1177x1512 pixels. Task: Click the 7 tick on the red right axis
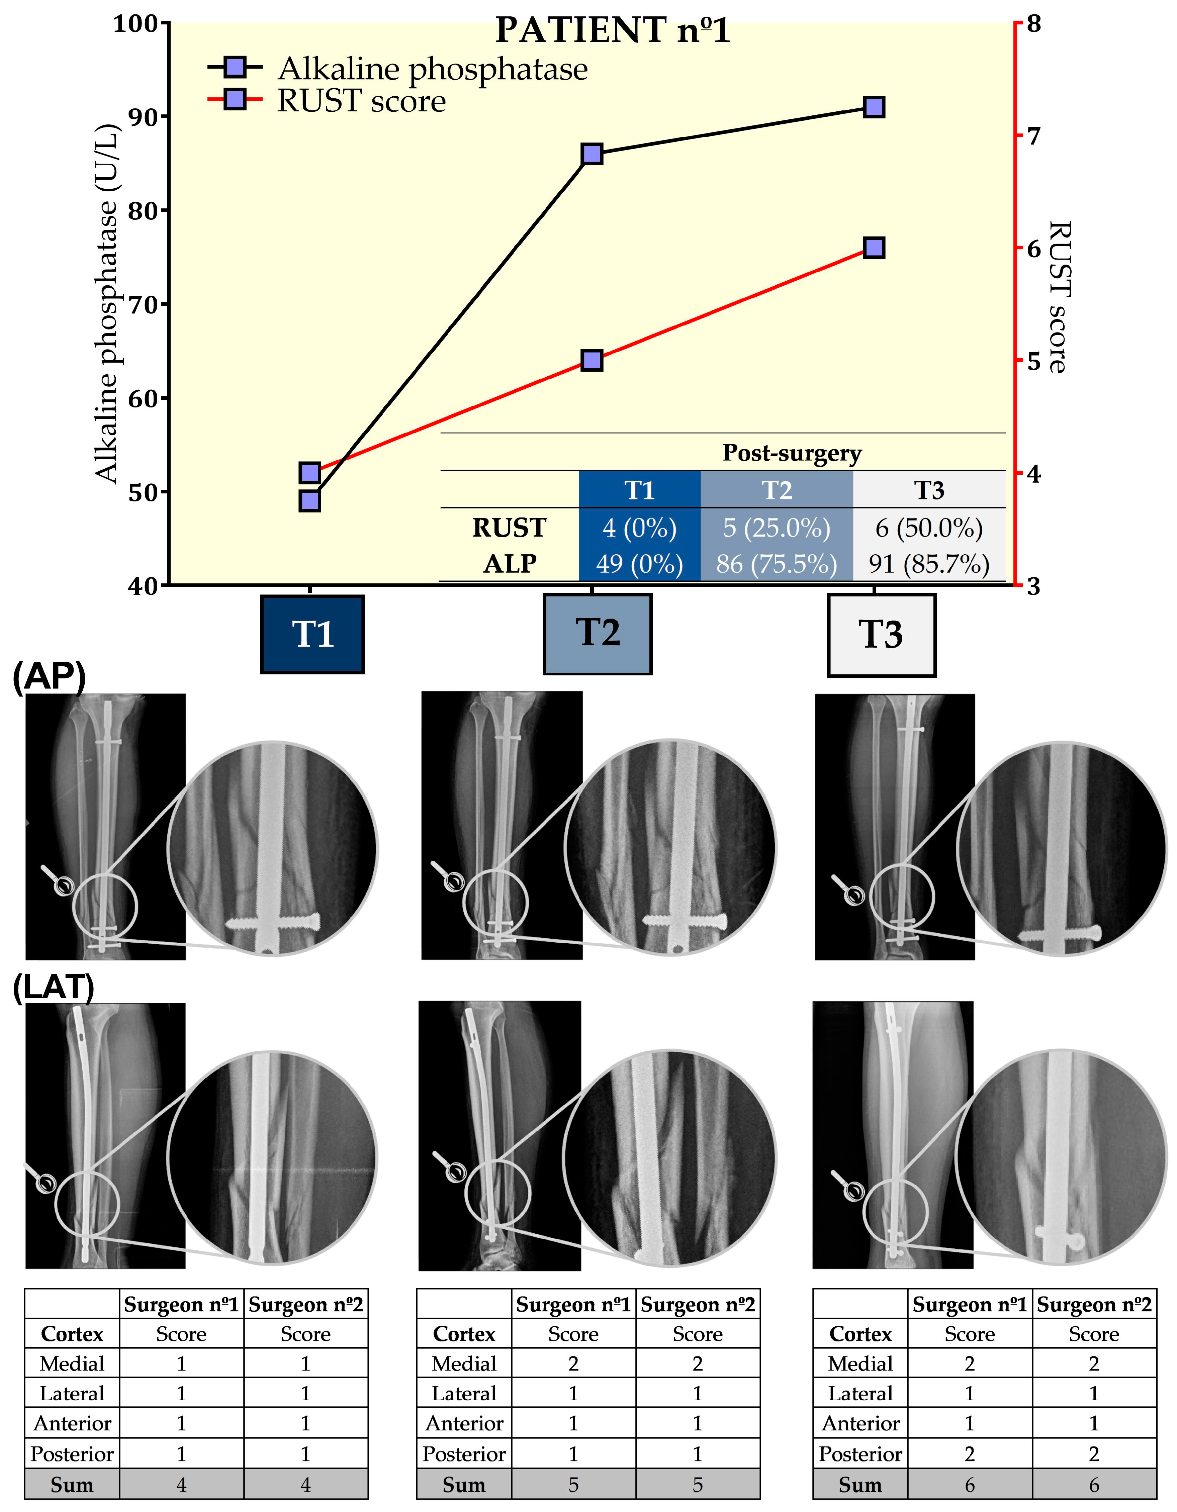point(1033,136)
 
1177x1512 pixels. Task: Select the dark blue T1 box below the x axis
point(312,634)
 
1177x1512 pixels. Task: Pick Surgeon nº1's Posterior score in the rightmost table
point(969,1454)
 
